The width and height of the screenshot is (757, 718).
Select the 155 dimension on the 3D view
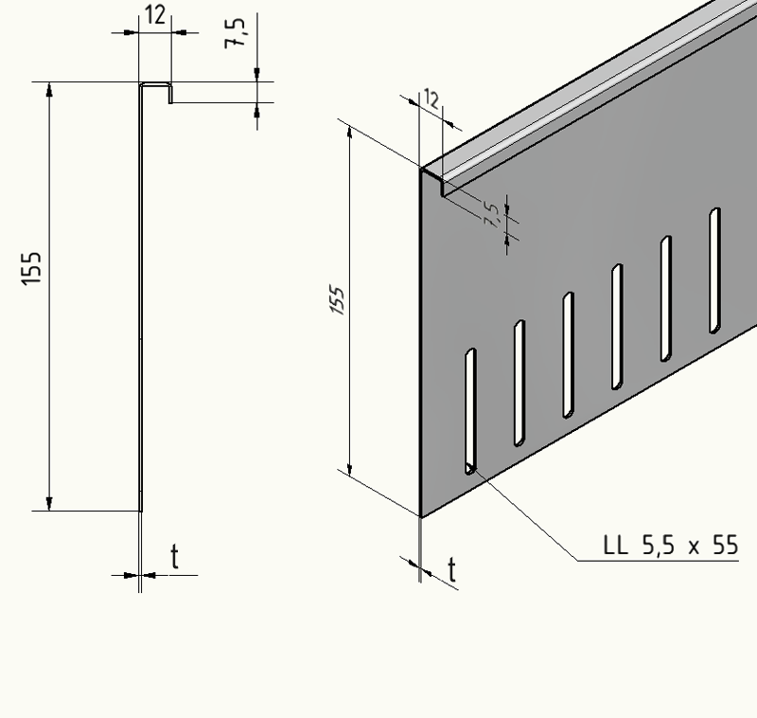338,301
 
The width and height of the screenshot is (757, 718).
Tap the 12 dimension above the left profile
154,15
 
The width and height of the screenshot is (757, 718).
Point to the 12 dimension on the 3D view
431,99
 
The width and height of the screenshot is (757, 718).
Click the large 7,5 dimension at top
235,32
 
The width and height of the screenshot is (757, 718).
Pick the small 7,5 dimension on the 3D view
490,214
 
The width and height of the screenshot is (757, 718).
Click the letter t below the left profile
175,557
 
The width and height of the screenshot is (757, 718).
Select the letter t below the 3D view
452,570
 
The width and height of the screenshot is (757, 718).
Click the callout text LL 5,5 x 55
671,545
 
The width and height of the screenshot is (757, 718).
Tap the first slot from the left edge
470,411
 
